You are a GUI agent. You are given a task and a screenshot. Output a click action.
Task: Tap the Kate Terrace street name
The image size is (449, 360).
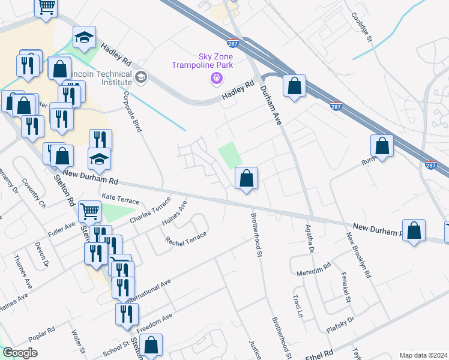click(120, 199)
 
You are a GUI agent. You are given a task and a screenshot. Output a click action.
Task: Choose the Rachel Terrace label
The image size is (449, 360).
click(186, 237)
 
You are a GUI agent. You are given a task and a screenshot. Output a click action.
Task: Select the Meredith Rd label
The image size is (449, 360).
click(314, 270)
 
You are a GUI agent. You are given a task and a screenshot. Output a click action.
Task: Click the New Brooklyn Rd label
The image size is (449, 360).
click(359, 254)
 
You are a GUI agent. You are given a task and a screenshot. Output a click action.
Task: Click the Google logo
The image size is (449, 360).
click(20, 353)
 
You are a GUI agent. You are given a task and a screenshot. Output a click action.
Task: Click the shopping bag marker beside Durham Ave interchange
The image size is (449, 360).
click(294, 86)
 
